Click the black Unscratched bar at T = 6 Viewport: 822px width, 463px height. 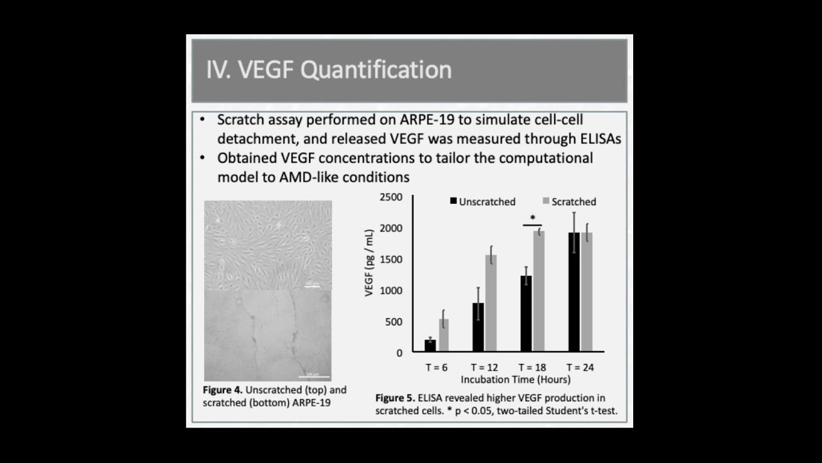pyautogui.click(x=430, y=345)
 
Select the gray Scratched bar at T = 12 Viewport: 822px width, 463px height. pyautogui.click(x=491, y=304)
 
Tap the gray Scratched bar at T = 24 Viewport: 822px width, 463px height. pyautogui.click(x=586, y=292)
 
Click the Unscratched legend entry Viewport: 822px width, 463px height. pyautogui.click(x=482, y=202)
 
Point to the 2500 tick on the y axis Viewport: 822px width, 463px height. pyautogui.click(x=390, y=197)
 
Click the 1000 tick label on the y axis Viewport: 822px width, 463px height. pyautogui.click(x=390, y=291)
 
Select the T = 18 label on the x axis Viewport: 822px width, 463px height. pyautogui.click(x=532, y=368)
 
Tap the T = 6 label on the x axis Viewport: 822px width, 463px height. pyautogui.click(x=436, y=368)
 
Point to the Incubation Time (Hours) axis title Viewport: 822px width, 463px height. pyautogui.click(x=507, y=379)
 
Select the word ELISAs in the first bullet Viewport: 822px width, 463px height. pyautogui.click(x=597, y=138)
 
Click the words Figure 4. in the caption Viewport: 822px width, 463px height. pyautogui.click(x=223, y=390)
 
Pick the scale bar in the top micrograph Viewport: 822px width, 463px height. pyautogui.click(x=312, y=286)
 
